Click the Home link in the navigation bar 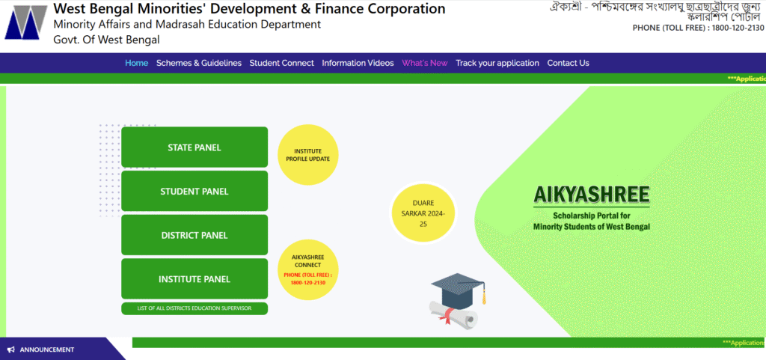(137, 63)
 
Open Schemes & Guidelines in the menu (199, 63)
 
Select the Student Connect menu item (282, 63)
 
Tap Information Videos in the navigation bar (358, 63)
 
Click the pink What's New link (425, 63)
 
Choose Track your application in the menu (497, 63)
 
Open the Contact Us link (569, 63)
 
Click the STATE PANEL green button (194, 147)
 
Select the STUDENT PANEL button (194, 191)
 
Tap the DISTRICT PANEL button (194, 235)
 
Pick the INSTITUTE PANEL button (194, 279)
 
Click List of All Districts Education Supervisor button (194, 308)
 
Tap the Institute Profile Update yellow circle (307, 155)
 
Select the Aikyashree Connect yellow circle (307, 270)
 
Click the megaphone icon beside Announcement (10, 350)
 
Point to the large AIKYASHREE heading (592, 195)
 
